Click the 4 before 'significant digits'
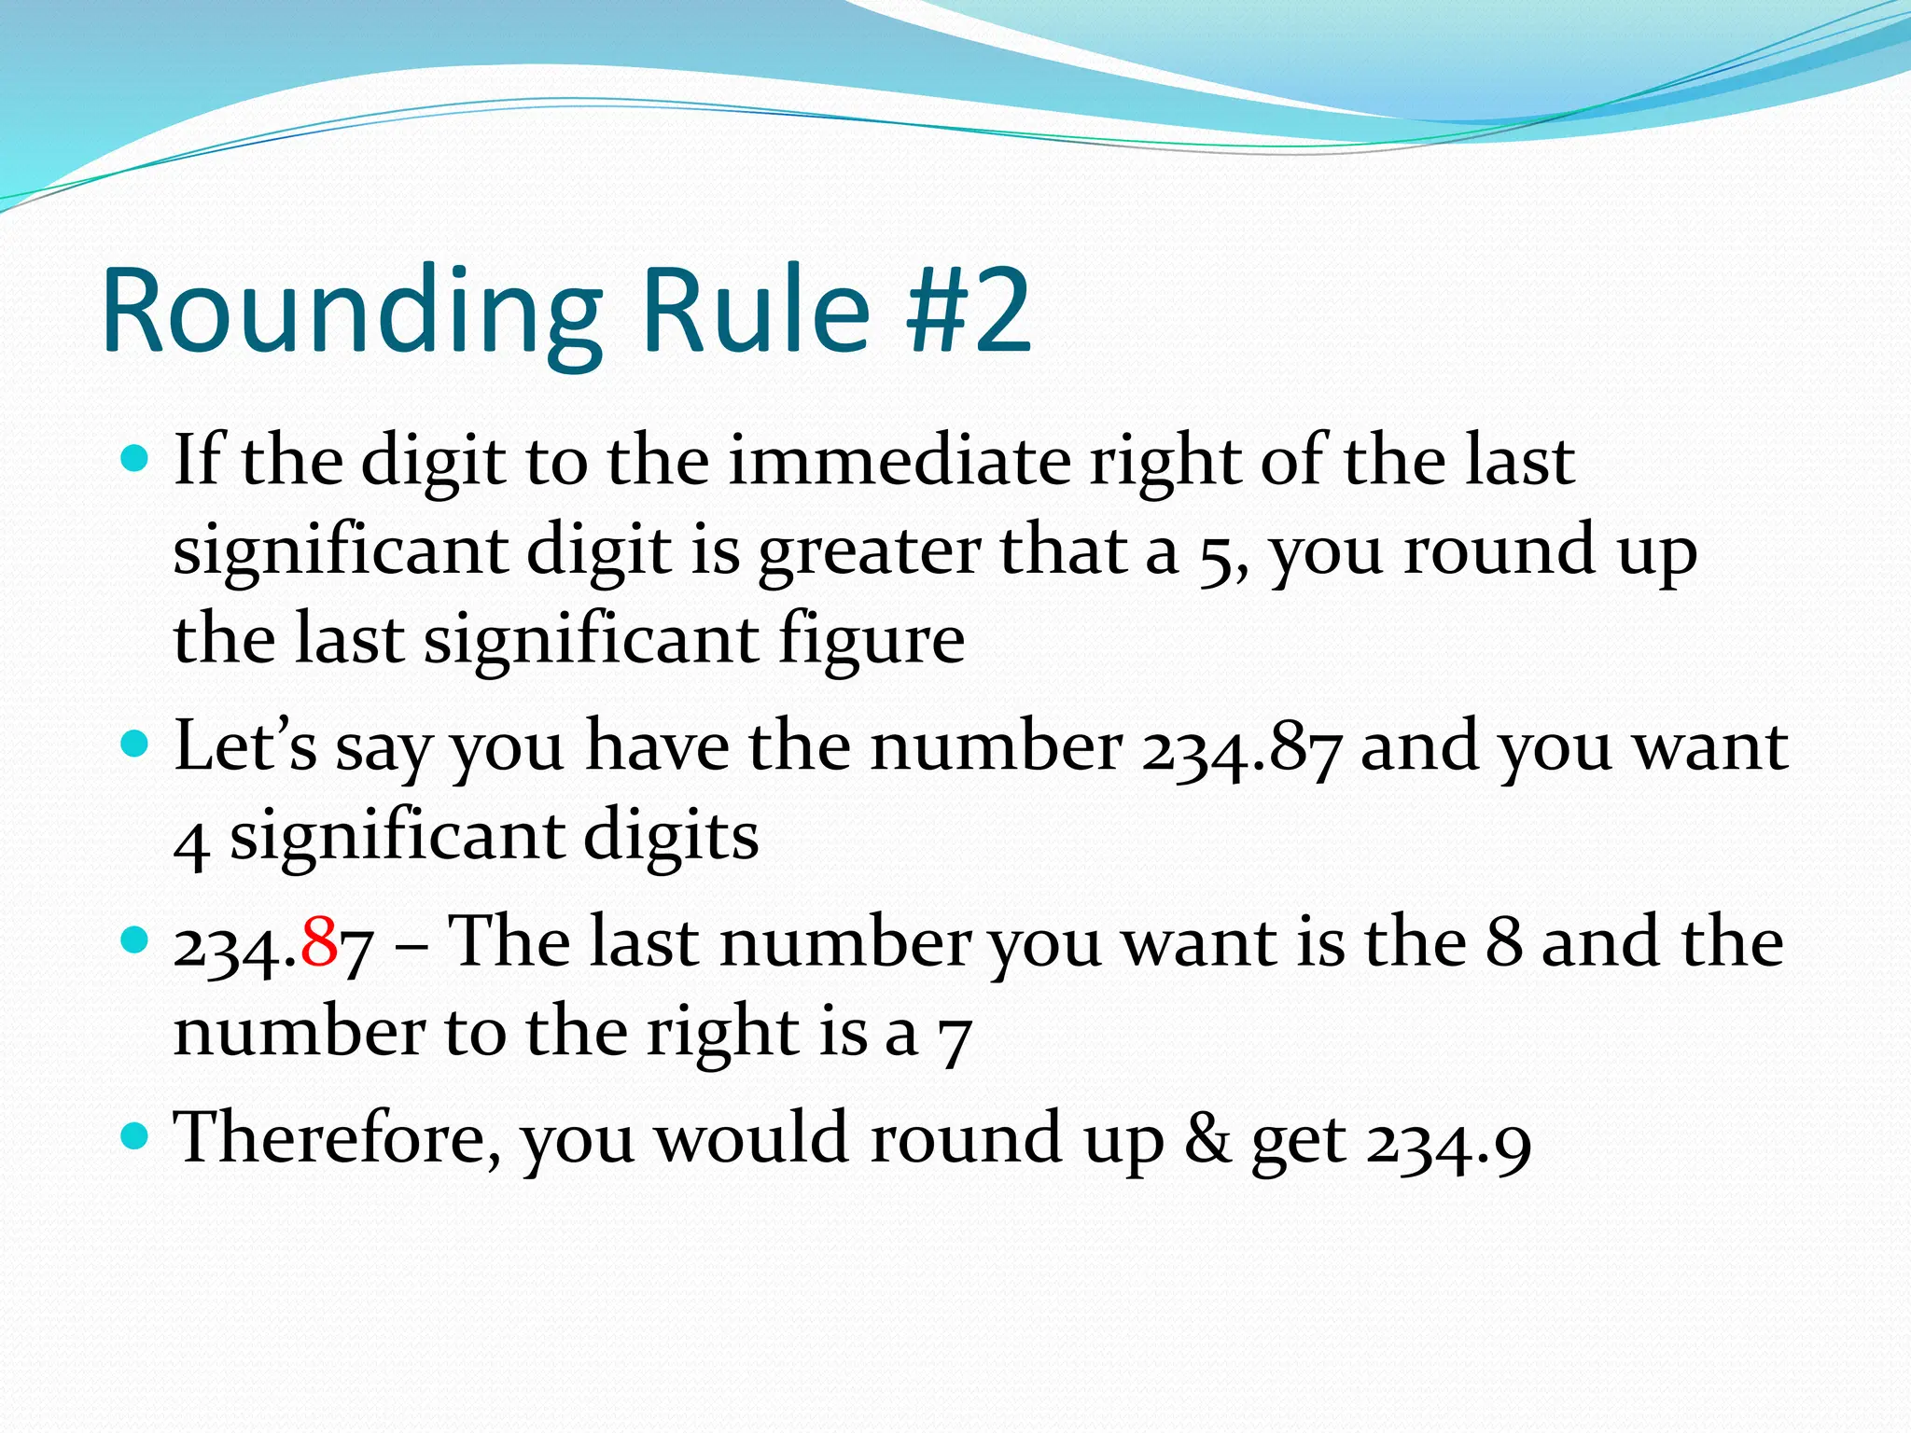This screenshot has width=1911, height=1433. [191, 842]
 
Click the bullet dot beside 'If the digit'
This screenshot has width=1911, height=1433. [135, 459]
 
